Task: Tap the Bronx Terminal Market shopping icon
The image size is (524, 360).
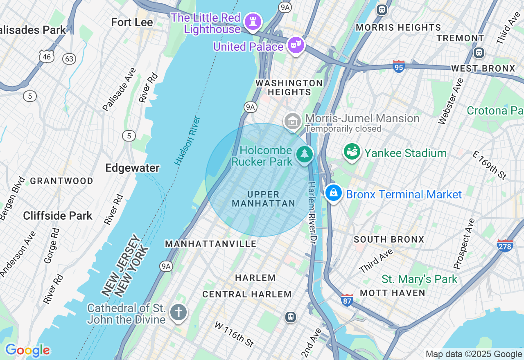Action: coord(334,193)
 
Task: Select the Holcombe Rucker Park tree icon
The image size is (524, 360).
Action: coord(305,155)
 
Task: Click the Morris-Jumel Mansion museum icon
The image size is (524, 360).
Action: coord(293,121)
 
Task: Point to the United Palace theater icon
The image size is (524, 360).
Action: coord(295,45)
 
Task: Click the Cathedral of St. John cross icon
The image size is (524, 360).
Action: coord(178,313)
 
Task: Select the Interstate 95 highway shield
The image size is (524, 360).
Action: coord(399,67)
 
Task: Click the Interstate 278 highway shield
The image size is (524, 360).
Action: coord(505,245)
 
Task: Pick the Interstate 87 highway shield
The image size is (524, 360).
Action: coord(347,300)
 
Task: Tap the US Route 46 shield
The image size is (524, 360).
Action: coord(47,56)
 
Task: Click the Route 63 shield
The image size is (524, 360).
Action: coord(69,59)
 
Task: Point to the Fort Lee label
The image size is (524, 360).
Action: coord(132,22)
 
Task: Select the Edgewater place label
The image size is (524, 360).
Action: coord(132,168)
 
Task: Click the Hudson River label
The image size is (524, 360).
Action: coord(187,140)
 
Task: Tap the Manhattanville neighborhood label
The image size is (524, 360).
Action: coord(210,244)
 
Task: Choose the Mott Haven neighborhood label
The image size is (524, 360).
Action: coord(393,293)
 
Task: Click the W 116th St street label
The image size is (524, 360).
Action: coord(235,333)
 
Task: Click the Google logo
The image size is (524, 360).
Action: coord(27,350)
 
